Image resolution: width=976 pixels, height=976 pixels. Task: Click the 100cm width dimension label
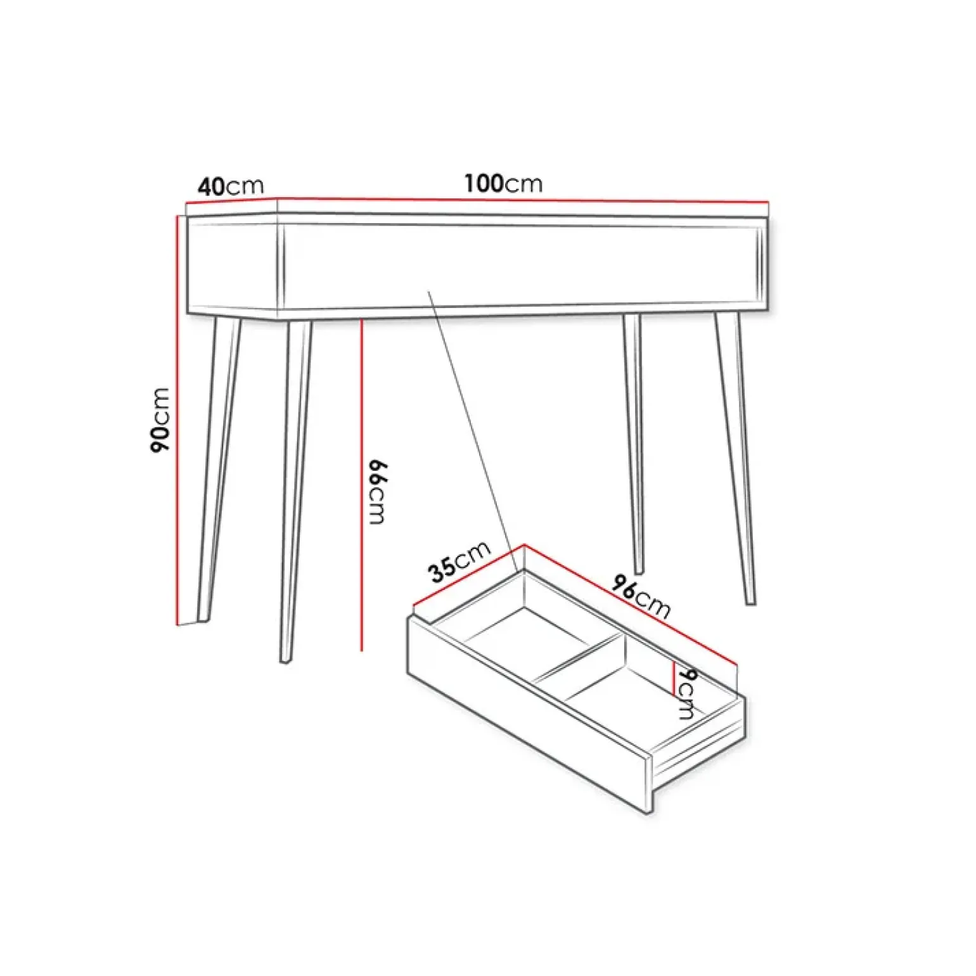(x=503, y=183)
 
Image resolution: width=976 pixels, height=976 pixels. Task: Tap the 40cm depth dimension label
(x=230, y=186)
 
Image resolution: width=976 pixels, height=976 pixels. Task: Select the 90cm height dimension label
(x=160, y=419)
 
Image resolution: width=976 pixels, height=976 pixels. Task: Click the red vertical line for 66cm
(x=361, y=485)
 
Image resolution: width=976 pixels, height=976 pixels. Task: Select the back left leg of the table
(x=219, y=469)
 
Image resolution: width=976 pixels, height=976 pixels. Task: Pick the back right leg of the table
(x=634, y=444)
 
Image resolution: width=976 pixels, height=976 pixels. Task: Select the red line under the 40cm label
(x=231, y=202)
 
